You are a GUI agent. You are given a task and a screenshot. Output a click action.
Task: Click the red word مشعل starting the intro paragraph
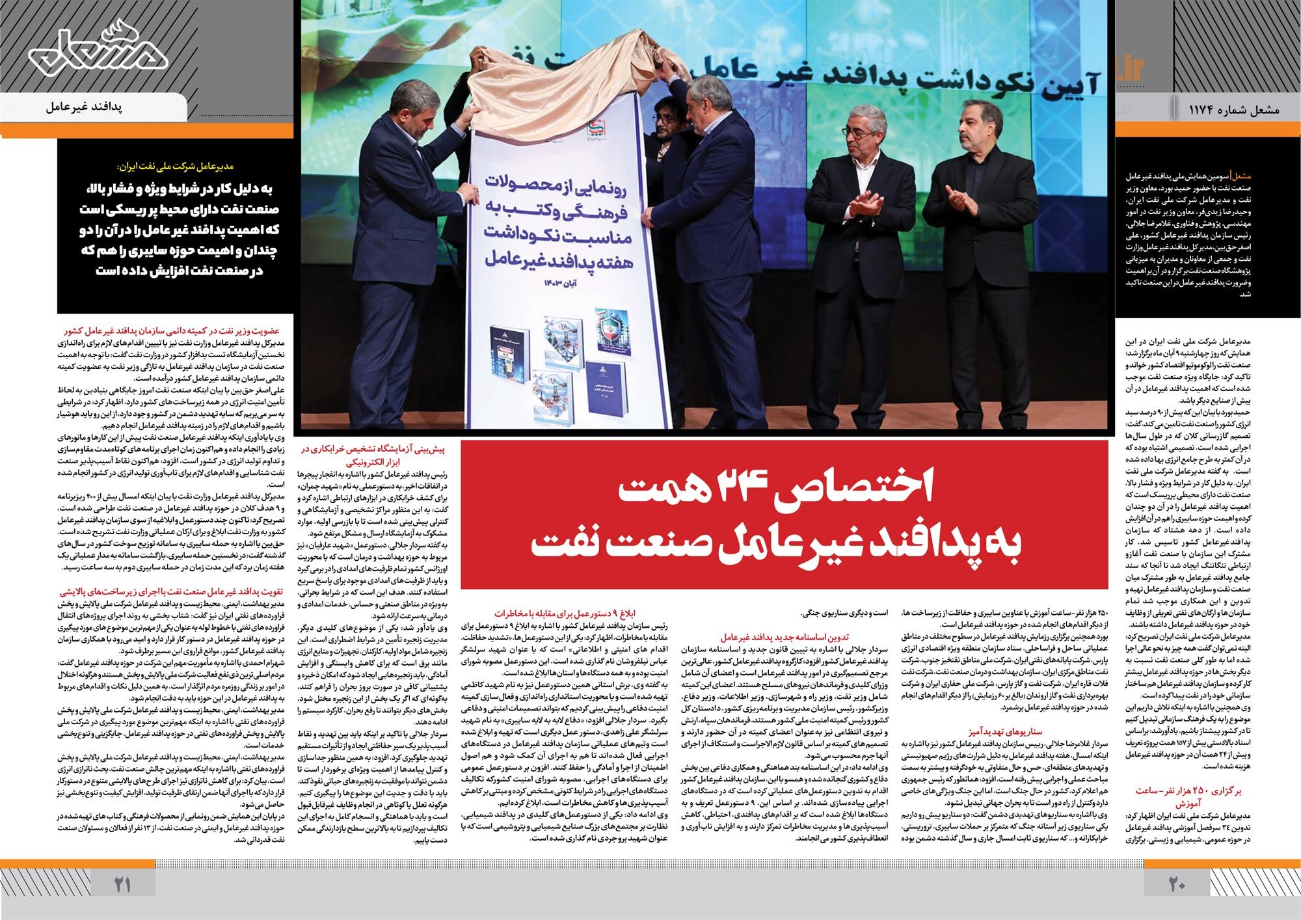[1231, 176]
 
